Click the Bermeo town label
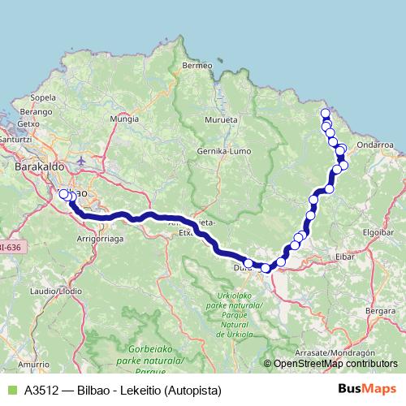197,65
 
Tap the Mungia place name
125,119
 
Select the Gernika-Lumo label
226,152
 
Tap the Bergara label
380,311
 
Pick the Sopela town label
42,97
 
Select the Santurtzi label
15,139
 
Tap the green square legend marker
11,391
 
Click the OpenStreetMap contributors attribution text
332,364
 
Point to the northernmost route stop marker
325,114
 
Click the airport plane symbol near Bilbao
83,159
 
